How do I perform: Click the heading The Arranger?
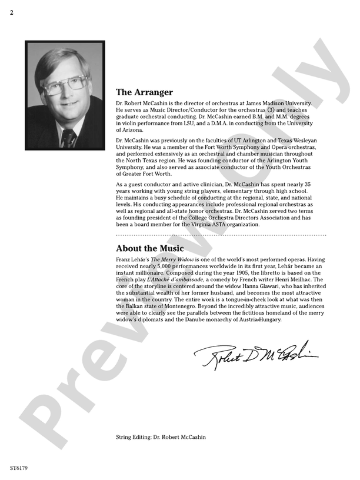144,92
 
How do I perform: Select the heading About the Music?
149,248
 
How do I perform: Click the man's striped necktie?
69,138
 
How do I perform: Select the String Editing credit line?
161,437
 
